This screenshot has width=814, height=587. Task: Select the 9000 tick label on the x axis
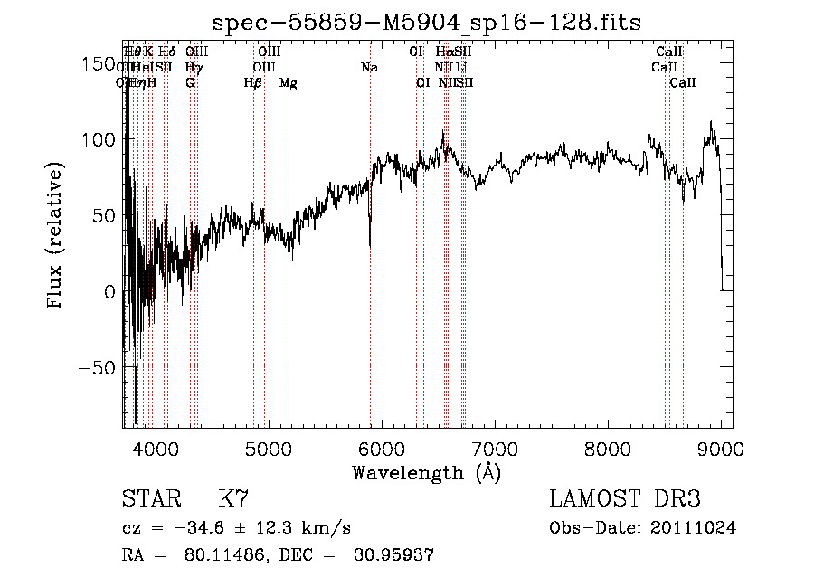pos(721,447)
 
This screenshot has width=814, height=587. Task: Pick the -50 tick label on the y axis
pos(96,368)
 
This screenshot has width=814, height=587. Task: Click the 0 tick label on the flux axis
pos(109,292)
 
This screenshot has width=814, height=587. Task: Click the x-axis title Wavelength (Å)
pos(426,472)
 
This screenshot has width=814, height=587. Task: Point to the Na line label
pos(369,68)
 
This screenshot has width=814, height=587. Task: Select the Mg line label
pos(288,83)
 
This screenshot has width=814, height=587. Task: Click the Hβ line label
pos(252,83)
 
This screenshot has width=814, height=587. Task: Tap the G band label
pos(190,83)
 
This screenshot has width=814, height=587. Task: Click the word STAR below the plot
pos(150,499)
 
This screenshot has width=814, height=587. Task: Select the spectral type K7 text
pos(233,499)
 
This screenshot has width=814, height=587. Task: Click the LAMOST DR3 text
pos(625,499)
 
